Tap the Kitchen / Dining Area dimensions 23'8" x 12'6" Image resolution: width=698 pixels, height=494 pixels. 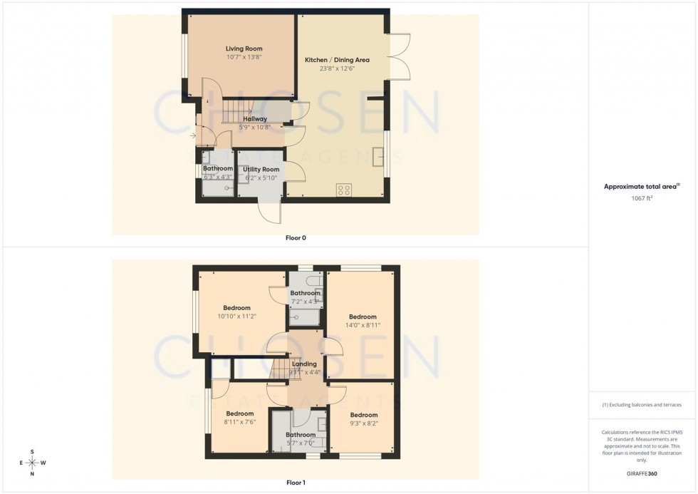click(329, 69)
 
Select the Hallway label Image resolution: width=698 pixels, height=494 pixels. click(255, 119)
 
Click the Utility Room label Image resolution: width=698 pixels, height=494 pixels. click(261, 169)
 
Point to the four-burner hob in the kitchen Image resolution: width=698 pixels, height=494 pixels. click(343, 190)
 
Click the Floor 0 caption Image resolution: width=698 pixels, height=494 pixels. click(296, 238)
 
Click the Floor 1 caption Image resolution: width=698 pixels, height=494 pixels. click(296, 483)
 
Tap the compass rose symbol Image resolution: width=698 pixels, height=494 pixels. click(33, 463)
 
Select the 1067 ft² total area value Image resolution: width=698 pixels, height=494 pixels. click(642, 200)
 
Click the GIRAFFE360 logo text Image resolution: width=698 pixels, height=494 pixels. click(642, 473)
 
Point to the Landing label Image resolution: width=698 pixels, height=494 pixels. click(305, 364)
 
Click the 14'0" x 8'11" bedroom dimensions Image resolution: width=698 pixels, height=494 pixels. click(363, 325)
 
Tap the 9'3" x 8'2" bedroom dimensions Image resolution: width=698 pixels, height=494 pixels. click(363, 423)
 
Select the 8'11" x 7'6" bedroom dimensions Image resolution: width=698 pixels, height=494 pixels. click(240, 421)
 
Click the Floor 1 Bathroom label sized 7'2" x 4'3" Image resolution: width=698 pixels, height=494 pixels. click(305, 293)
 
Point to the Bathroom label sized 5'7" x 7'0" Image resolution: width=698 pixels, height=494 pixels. click(301, 435)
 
